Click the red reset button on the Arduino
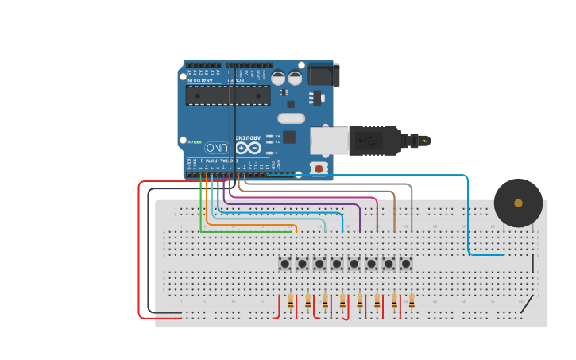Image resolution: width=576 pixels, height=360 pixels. click(319, 168)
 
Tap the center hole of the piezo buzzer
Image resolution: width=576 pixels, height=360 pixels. click(518, 203)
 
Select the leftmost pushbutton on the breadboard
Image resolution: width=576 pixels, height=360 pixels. click(284, 263)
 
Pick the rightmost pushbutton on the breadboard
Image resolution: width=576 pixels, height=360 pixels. click(406, 263)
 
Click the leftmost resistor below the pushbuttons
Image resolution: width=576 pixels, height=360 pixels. click(291, 301)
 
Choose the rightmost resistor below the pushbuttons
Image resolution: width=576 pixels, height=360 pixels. click(412, 301)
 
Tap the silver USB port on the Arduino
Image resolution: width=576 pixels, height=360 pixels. click(329, 140)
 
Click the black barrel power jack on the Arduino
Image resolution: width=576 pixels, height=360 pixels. click(324, 75)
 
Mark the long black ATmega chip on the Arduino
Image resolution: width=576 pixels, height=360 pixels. click(227, 95)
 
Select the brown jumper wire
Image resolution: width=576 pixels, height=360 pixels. click(394, 208)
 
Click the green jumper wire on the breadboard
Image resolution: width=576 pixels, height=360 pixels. click(238, 232)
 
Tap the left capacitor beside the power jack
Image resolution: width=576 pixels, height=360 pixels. click(278, 78)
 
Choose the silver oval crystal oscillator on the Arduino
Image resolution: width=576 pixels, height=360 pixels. click(292, 118)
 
